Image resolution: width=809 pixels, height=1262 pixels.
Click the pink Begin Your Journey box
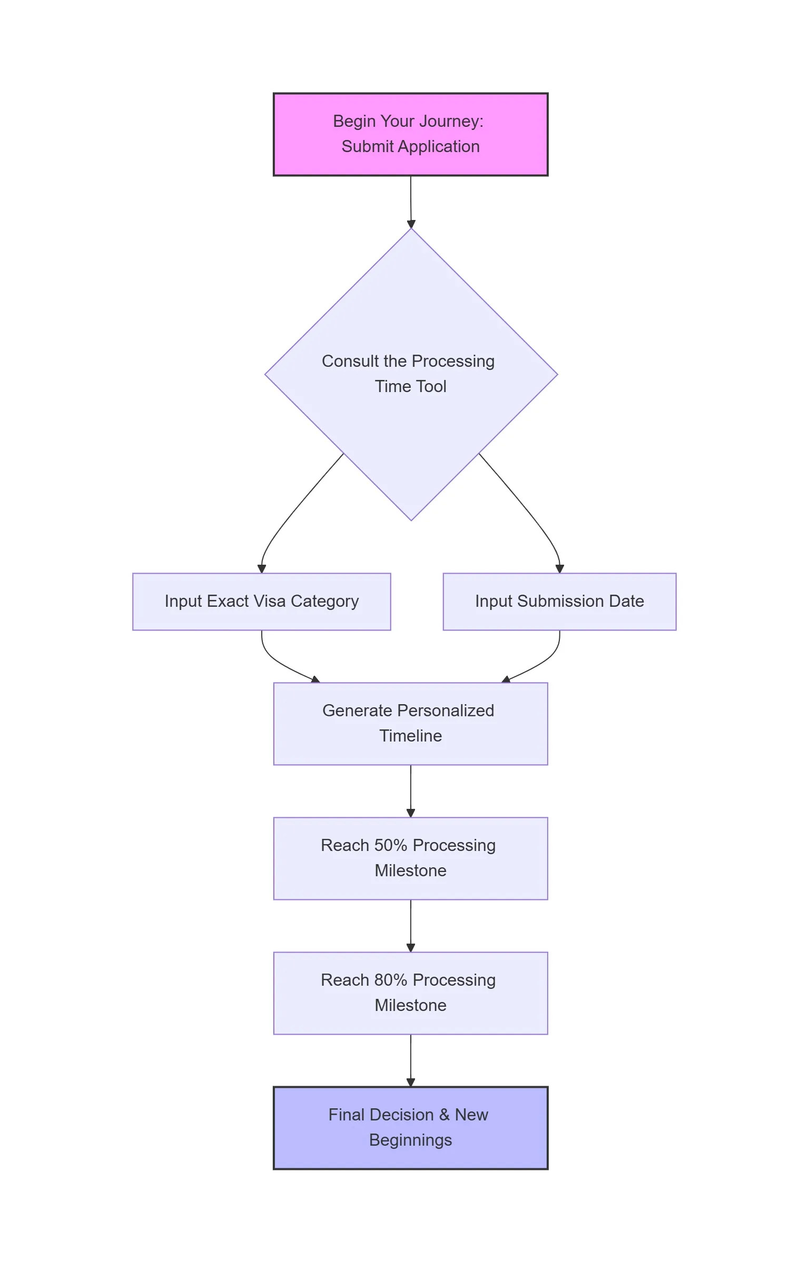[410, 134]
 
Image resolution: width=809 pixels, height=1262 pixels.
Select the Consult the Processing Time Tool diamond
[411, 374]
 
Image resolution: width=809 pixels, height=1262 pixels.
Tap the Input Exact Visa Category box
[262, 602]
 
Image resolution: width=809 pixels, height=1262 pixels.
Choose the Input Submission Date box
[559, 602]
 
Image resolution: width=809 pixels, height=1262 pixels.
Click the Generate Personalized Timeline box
[410, 724]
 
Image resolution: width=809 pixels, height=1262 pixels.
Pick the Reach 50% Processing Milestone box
[410, 858]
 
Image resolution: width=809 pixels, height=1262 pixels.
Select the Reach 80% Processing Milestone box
[410, 993]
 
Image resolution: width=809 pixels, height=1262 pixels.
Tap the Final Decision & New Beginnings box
[410, 1128]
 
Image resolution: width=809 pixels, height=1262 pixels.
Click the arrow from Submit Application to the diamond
[411, 202]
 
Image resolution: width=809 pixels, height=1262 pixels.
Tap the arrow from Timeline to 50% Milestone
[411, 791]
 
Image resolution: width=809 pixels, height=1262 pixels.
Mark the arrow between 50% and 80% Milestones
[411, 926]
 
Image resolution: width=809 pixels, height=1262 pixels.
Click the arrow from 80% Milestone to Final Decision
[411, 1060]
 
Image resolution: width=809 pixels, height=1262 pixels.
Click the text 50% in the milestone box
[390, 846]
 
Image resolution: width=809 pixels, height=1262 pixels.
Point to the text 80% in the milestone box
[390, 980]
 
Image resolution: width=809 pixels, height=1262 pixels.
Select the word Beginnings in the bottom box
[410, 1140]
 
